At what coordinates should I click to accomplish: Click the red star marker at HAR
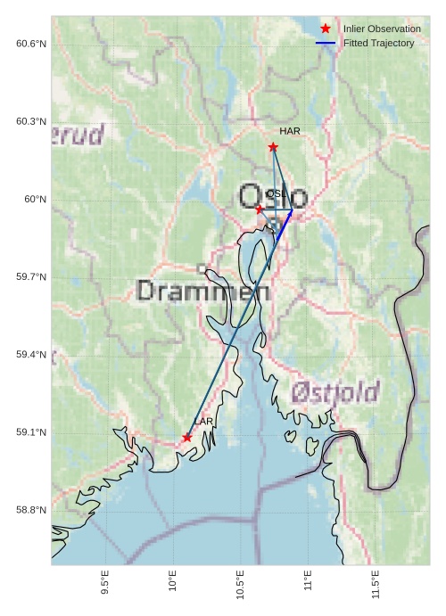coord(273,147)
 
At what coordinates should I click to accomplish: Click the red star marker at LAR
coord(187,437)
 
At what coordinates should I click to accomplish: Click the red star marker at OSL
coord(260,209)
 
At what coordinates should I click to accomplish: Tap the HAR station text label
coord(289,131)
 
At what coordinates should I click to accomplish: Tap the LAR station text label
coord(203,421)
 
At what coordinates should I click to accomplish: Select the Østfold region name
coord(335,391)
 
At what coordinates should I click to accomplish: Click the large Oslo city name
coord(273,197)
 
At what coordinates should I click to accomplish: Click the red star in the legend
coord(326,29)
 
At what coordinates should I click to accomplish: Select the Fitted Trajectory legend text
coord(379,43)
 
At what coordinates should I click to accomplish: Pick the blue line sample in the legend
coord(326,43)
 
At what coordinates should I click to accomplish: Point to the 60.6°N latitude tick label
coord(31,44)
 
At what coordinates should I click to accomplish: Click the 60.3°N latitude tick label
coord(31,121)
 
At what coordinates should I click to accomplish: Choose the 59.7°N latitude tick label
coord(31,277)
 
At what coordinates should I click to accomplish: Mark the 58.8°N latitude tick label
coord(31,510)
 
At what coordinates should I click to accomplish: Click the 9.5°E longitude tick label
coord(105,583)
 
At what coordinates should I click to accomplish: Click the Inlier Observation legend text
coord(382,29)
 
